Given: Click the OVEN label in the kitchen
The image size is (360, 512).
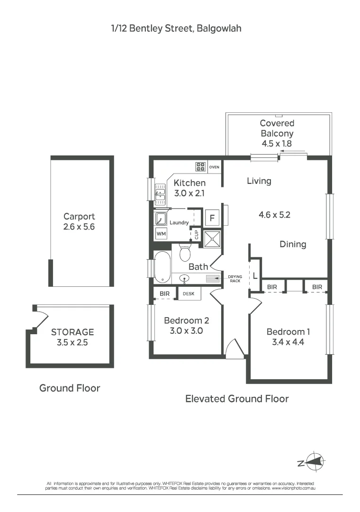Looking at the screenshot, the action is coord(214,167).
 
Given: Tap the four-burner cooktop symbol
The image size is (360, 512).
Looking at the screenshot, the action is coord(200,167).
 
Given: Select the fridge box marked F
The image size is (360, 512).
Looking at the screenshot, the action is coord(212,218).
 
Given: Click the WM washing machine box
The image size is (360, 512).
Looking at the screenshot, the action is coord(161,234).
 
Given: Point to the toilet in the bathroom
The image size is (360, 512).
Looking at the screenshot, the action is coord(185,252).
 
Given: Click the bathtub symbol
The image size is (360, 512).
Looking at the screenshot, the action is coord(162,267).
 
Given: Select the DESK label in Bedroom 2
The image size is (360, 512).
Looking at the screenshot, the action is coord(189,294).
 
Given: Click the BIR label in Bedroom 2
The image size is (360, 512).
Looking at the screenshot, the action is coord(165,294).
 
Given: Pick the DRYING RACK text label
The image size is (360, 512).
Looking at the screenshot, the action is coord(235,279).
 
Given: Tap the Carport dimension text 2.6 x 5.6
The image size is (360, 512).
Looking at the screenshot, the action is coord(79,227).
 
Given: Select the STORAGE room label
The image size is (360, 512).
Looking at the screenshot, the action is coord(72,332).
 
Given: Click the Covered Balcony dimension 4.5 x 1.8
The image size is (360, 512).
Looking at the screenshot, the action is coord(277,143).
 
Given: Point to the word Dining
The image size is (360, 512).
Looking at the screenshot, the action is coord(293,245).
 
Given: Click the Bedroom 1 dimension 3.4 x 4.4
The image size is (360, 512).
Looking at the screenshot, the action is coord(288,342).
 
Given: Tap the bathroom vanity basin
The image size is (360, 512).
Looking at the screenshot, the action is coord(184,279).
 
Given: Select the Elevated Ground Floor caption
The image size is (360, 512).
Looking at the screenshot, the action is coord(237,399).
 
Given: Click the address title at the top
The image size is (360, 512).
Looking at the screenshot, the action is coord(176,28).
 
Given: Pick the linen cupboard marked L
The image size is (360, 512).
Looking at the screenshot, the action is coord(255,276).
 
